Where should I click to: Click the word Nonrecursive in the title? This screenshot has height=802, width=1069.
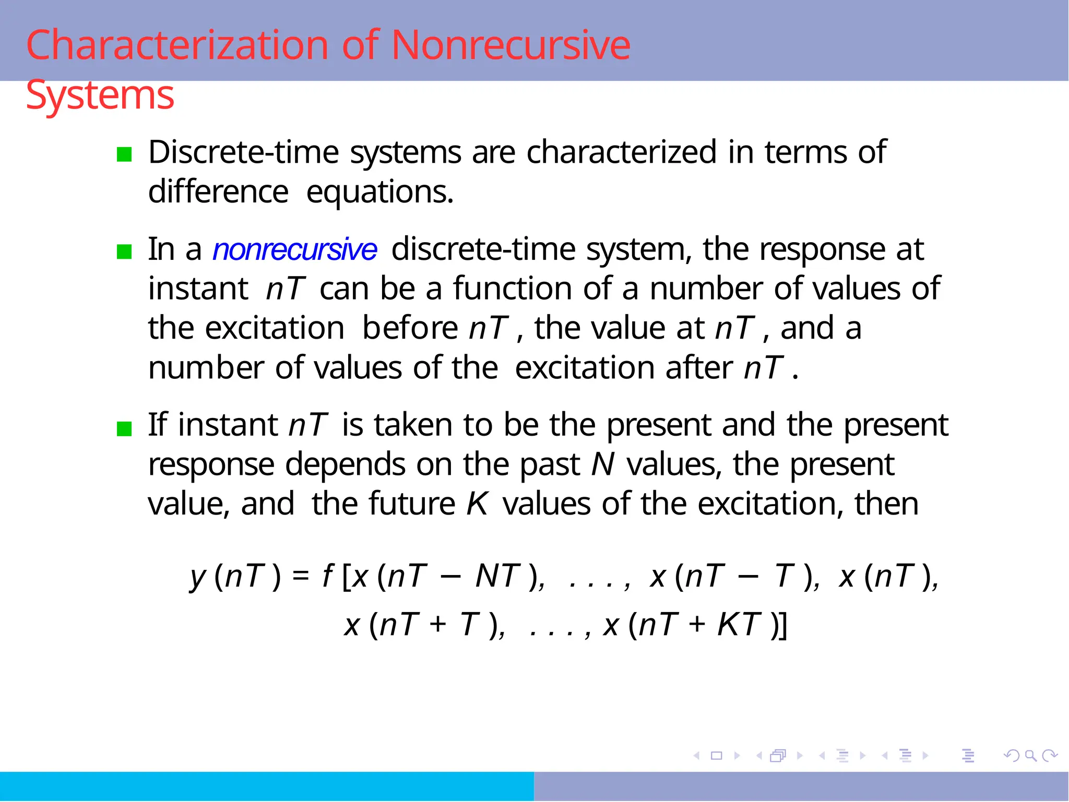point(510,45)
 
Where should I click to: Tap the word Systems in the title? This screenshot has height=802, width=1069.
point(100,95)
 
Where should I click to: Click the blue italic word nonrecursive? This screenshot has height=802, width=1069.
point(294,249)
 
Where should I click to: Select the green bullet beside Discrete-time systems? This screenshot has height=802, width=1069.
point(124,154)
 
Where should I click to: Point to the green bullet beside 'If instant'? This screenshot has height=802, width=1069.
point(124,429)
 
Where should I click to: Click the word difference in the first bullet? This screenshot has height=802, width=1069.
point(218,191)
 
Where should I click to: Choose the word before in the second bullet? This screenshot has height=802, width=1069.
point(410,328)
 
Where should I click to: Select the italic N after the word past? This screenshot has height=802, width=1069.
point(603,464)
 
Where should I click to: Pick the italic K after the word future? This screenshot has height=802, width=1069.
point(477,504)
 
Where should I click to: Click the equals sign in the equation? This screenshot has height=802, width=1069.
point(301,576)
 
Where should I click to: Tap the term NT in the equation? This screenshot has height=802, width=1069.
point(498,576)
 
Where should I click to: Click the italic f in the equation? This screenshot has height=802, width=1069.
point(327,576)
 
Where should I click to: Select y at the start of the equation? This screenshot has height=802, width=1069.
point(198,577)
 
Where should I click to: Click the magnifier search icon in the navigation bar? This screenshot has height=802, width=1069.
point(1030,756)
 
